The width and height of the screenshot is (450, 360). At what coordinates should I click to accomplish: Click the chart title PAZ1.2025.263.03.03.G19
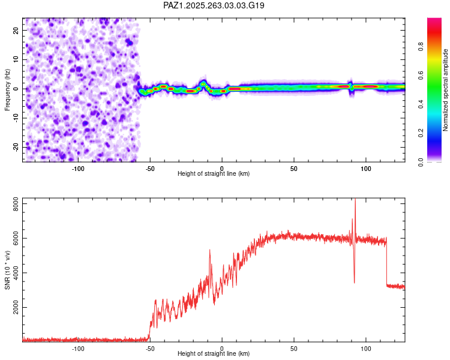click(x=214, y=5)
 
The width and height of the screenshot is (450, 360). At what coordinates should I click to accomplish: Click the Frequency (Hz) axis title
click(x=7, y=89)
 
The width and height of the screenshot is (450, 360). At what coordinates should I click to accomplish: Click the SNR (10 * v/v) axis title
click(x=7, y=269)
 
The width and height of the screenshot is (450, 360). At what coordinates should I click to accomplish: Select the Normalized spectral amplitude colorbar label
click(x=445, y=91)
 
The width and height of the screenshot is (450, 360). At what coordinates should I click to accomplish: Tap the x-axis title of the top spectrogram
click(x=214, y=173)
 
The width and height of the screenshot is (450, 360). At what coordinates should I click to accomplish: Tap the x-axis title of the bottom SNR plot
click(x=214, y=353)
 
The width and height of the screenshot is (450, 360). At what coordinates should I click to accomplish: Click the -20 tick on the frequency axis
click(x=15, y=146)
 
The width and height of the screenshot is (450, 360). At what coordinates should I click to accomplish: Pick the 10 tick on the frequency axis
click(x=16, y=59)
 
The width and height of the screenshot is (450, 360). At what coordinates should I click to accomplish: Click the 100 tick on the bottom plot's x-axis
click(x=366, y=348)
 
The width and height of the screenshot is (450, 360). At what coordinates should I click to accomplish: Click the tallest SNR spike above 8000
click(x=355, y=200)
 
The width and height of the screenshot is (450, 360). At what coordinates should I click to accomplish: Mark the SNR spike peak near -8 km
click(x=209, y=250)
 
